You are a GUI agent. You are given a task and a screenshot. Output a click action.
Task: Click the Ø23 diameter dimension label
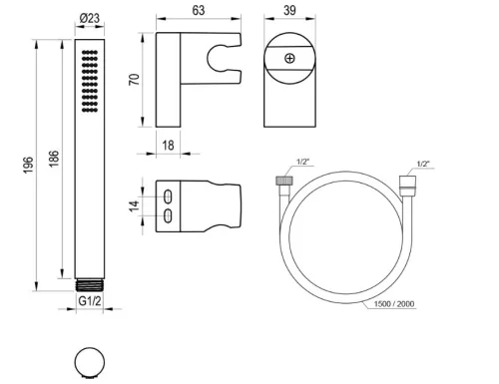tap(90, 18)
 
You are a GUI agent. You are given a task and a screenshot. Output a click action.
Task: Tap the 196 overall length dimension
tap(29, 165)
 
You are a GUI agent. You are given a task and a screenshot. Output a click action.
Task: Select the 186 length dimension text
tap(54, 159)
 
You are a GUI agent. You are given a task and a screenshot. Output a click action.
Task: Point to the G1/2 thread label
tap(90, 301)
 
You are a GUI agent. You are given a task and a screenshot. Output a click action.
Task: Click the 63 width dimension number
tap(199, 10)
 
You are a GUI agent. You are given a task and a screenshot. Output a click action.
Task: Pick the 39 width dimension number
tap(289, 10)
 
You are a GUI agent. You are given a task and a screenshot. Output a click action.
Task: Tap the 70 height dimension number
tap(135, 80)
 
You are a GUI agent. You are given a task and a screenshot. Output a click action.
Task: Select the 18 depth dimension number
tap(168, 146)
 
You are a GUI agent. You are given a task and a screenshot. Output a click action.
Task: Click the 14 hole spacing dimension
tap(135, 206)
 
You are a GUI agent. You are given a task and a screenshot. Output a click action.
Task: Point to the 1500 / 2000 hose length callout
tap(394, 304)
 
